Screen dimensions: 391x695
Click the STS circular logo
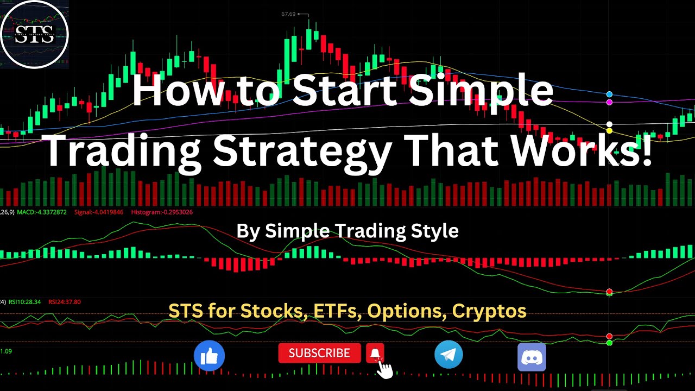pos(34,34)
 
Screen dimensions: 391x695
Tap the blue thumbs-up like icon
pos(209,356)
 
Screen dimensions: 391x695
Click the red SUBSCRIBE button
pos(319,354)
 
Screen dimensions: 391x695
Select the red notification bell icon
pos(375,353)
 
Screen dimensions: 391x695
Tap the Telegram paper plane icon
pos(448,355)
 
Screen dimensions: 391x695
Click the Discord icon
pos(532,357)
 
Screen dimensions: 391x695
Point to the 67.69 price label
pos(288,14)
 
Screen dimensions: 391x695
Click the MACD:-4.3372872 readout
pos(42,212)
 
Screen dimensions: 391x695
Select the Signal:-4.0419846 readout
pos(99,212)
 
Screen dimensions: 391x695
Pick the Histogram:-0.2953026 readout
pos(162,212)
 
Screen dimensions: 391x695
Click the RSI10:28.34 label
pos(24,302)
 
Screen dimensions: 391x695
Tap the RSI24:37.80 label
pos(65,302)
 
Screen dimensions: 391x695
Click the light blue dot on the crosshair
pos(609,94)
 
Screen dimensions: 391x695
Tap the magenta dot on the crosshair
pos(609,102)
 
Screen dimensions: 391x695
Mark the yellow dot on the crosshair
pos(609,131)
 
